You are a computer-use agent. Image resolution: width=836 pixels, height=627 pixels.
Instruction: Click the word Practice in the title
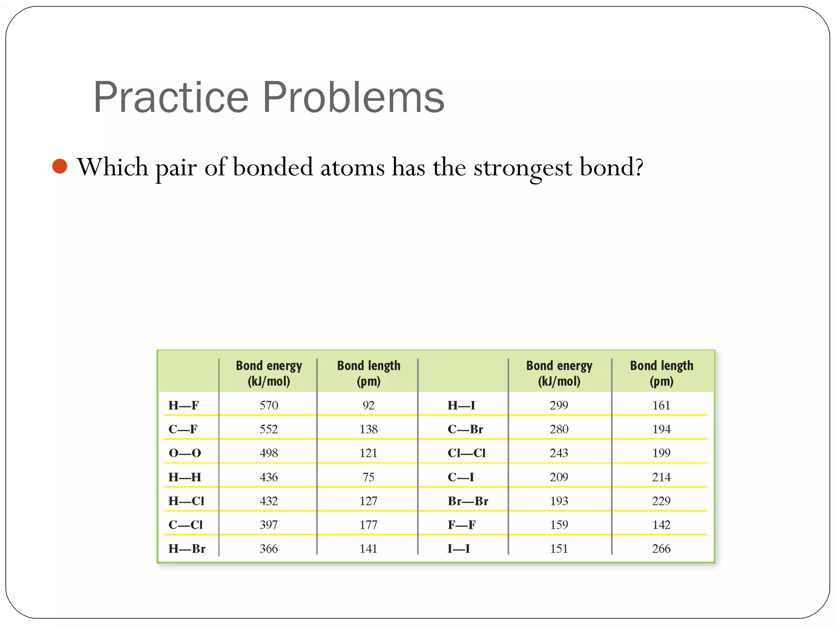[171, 98]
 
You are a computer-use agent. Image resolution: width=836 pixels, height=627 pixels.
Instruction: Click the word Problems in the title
[353, 98]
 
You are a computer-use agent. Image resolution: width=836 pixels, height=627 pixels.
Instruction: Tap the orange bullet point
[60, 167]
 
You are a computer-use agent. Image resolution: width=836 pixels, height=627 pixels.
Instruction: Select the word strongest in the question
[522, 168]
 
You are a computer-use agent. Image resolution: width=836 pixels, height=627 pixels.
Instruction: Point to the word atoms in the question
[352, 168]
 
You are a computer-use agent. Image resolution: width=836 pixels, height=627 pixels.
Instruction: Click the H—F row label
[184, 405]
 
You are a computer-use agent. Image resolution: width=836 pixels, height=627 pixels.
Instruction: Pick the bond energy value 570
[269, 405]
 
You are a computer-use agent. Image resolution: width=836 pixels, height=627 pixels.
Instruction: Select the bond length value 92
[368, 405]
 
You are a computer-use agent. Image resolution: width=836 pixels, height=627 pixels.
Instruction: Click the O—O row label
[185, 453]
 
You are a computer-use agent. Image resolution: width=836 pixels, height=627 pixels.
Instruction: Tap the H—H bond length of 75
[368, 477]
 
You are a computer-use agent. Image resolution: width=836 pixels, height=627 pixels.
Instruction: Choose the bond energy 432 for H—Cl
[269, 501]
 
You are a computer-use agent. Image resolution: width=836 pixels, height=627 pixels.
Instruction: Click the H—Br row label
[187, 549]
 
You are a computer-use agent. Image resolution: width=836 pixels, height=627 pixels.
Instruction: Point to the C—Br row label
[465, 429]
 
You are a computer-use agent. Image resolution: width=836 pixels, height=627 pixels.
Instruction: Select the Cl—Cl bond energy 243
[559, 453]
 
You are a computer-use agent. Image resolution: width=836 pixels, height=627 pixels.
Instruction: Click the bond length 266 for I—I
[661, 549]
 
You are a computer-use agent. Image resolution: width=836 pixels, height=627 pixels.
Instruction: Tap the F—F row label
[461, 525]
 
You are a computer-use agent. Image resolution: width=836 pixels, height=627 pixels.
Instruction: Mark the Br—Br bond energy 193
[559, 501]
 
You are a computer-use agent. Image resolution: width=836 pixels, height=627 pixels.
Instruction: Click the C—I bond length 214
[661, 477]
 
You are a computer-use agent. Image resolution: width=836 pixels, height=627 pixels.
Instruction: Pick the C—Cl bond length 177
[368, 525]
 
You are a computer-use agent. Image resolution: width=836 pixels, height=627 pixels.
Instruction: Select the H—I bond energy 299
[559, 405]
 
